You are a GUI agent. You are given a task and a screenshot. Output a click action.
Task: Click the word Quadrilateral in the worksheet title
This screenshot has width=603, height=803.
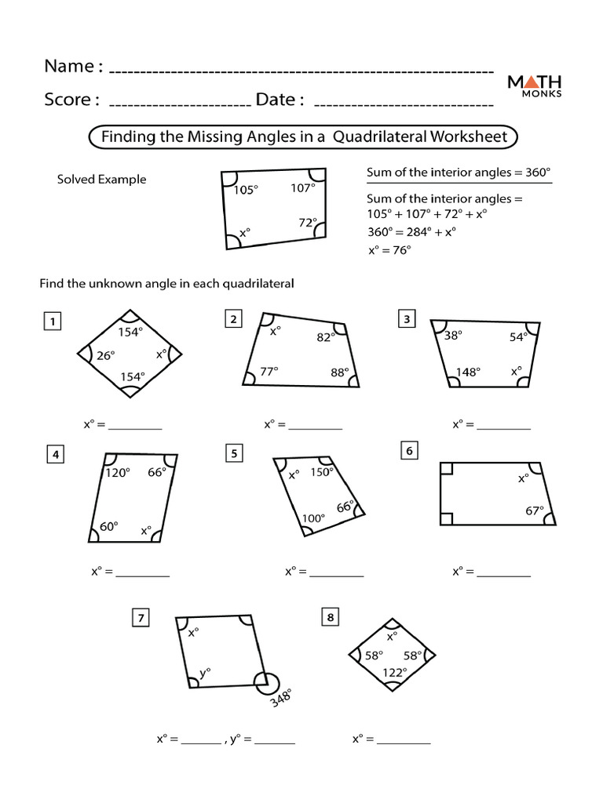[379, 136]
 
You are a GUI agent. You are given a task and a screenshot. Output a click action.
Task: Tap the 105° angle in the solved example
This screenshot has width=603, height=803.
[245, 190]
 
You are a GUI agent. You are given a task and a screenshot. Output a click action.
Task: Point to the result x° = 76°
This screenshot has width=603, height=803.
[389, 250]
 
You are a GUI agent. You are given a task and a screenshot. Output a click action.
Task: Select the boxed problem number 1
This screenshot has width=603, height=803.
[53, 322]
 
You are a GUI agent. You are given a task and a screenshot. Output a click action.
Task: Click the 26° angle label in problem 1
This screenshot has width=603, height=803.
[106, 355]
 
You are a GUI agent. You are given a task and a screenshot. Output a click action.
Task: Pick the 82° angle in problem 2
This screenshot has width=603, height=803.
[326, 337]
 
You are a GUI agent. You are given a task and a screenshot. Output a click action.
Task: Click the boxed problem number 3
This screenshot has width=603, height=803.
[407, 318]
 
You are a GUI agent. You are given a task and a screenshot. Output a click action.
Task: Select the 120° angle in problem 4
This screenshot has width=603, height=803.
[117, 473]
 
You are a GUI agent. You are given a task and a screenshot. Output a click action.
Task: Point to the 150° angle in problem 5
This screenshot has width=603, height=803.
[322, 472]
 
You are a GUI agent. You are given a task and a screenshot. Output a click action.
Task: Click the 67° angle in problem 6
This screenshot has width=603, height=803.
[534, 511]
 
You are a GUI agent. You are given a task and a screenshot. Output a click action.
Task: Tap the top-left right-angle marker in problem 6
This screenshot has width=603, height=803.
[447, 469]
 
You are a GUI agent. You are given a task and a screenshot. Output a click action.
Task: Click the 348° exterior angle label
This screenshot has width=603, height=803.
[281, 697]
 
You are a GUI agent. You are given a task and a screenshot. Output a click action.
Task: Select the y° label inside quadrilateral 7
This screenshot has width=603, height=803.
[205, 672]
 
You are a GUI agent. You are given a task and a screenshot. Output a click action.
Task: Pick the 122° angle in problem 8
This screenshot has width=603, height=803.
[394, 672]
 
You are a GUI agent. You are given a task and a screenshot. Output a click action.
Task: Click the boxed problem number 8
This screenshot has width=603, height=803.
[331, 618]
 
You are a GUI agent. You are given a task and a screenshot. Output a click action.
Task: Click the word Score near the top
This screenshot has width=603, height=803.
[71, 100]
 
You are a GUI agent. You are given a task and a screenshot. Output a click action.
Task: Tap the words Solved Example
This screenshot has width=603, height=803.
[101, 180]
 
